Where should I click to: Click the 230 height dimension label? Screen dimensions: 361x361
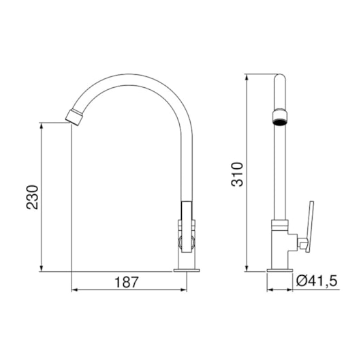point(32,197)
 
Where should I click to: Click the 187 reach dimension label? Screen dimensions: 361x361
point(127,282)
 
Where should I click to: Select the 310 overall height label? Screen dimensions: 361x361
point(237,174)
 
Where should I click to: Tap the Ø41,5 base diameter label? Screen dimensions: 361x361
point(317,281)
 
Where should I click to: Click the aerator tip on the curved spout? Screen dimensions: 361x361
point(74,118)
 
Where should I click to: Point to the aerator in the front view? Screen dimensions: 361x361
point(280,118)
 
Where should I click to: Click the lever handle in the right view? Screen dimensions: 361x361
point(310,227)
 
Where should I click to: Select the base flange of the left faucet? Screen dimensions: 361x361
point(187,270)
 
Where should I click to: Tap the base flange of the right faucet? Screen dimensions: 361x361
point(280,270)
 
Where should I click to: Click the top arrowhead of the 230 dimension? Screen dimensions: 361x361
point(42,126)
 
